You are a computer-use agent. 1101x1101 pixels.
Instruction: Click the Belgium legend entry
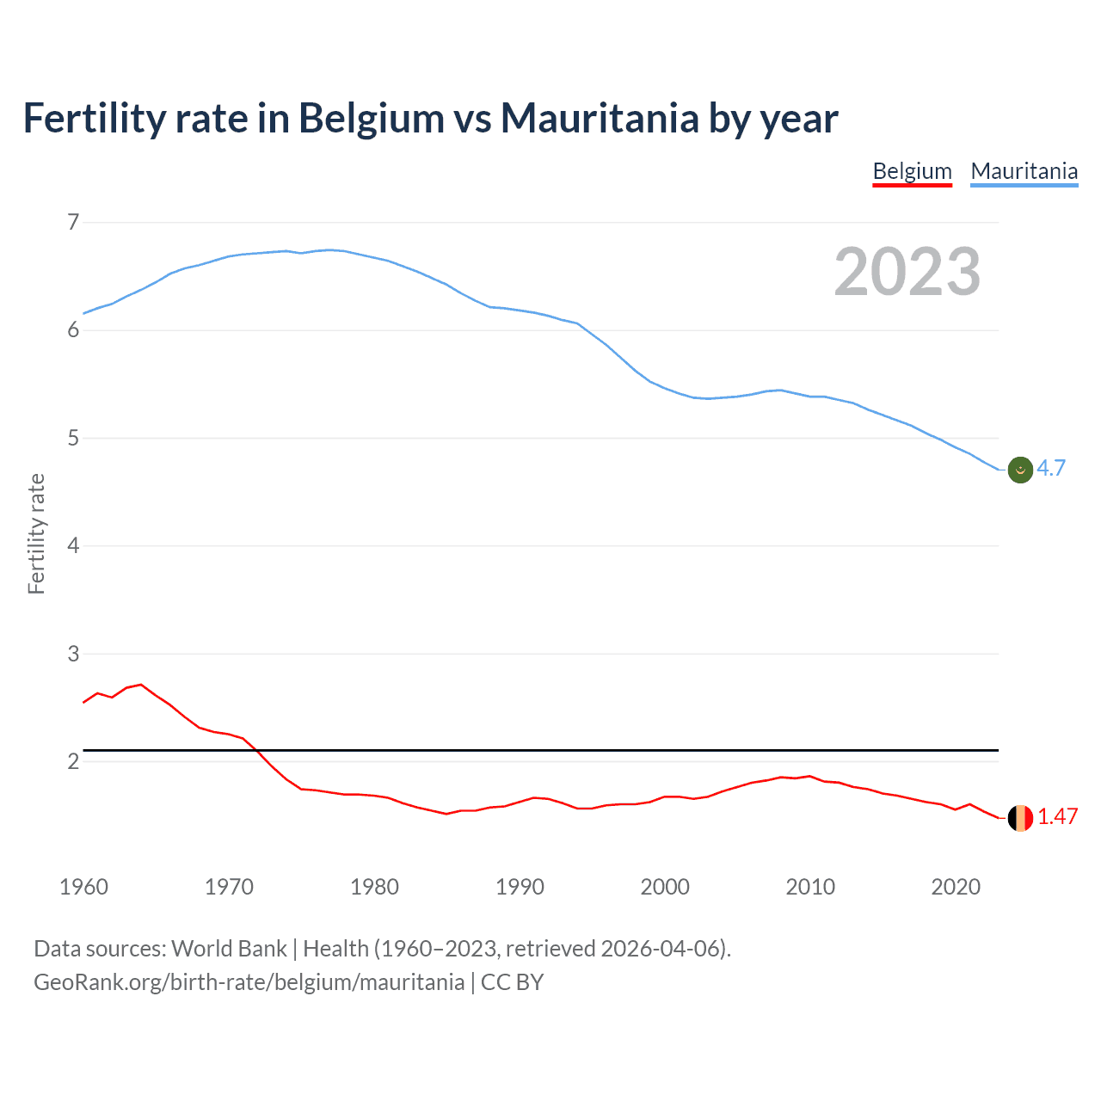[912, 171]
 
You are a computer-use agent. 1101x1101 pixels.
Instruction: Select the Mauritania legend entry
[1024, 171]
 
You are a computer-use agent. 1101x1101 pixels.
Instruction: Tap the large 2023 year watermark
[907, 272]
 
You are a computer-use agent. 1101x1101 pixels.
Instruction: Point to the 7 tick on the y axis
[73, 223]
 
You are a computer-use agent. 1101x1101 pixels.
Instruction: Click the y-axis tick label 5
[73, 439]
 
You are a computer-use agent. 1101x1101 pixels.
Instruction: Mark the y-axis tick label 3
[73, 654]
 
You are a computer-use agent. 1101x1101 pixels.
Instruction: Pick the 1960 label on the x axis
[83, 887]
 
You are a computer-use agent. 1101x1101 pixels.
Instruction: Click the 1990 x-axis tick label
[520, 887]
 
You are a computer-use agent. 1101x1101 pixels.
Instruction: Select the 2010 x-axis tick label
[810, 887]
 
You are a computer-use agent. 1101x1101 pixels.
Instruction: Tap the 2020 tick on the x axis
[956, 887]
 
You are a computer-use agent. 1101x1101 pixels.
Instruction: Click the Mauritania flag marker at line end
[1020, 470]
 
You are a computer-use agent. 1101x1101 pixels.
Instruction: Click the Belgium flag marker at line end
[1020, 818]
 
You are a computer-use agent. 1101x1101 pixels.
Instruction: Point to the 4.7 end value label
[1051, 468]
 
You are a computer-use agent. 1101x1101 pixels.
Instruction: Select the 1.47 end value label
[1057, 816]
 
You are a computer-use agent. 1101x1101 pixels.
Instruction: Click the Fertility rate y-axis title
[36, 533]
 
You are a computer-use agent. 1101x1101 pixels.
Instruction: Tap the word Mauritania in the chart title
[600, 118]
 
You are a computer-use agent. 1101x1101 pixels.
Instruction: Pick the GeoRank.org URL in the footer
[249, 982]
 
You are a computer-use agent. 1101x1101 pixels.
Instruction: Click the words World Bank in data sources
[229, 949]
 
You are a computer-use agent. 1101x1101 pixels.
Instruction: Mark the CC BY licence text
[512, 982]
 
